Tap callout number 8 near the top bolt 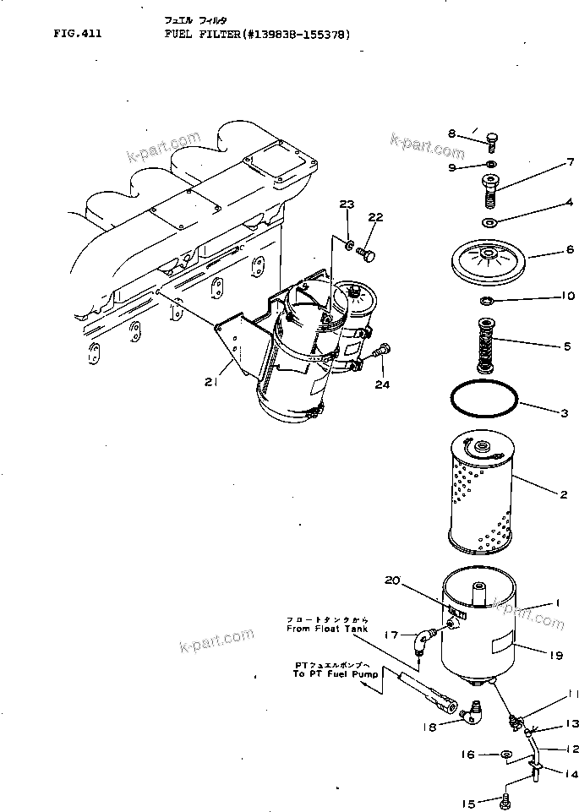click(x=452, y=134)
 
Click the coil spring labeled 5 click(x=487, y=343)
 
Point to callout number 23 click(x=347, y=204)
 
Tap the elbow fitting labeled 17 click(x=424, y=639)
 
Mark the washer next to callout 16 click(x=506, y=753)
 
